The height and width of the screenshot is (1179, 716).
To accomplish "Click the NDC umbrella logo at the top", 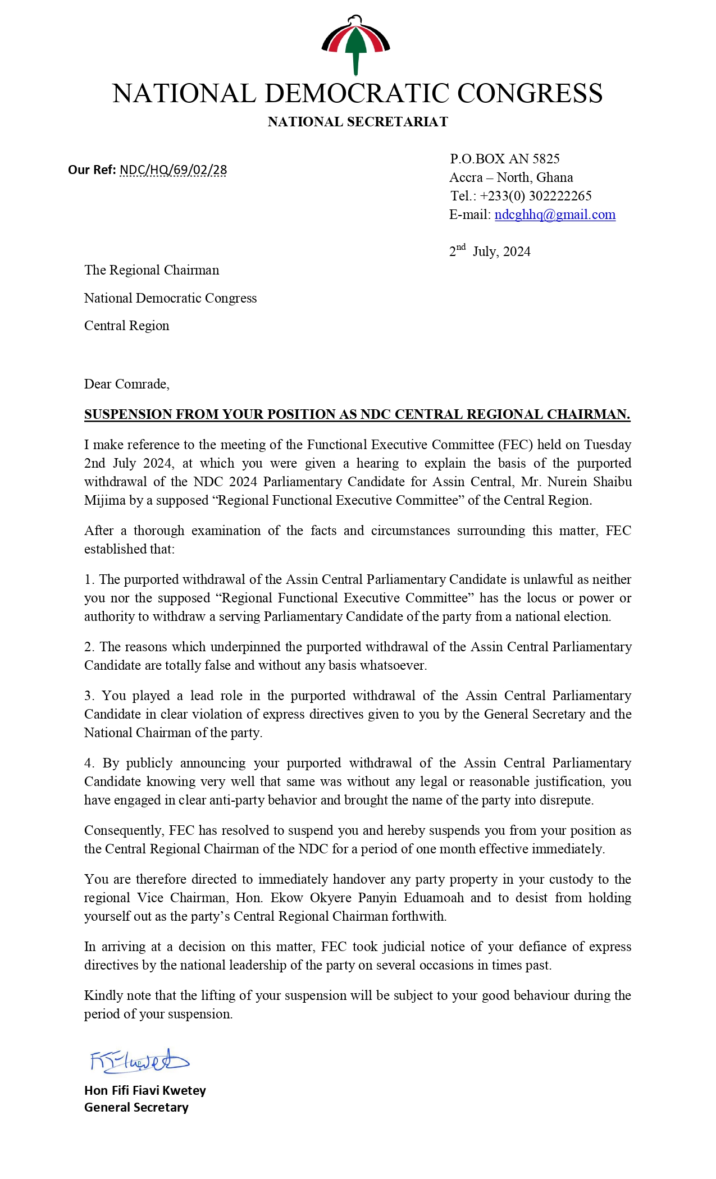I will (x=356, y=44).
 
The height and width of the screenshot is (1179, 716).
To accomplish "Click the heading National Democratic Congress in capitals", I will (x=357, y=94).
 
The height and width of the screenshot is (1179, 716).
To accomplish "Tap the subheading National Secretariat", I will (x=358, y=122).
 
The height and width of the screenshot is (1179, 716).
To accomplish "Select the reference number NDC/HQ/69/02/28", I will (x=173, y=170).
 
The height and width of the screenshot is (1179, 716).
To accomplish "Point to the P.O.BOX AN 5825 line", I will (x=504, y=159).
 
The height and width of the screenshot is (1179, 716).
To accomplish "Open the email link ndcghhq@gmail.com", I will (x=555, y=214).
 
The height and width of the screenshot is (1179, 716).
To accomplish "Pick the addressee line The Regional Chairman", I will (x=152, y=270).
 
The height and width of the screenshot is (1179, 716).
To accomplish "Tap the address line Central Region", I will (x=126, y=326).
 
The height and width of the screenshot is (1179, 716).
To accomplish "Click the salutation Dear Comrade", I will (x=126, y=384).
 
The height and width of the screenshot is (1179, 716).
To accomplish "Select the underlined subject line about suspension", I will (x=357, y=414).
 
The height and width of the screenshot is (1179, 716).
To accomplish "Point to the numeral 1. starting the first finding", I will (x=89, y=579).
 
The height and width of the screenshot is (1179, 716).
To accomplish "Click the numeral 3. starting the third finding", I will (x=89, y=696).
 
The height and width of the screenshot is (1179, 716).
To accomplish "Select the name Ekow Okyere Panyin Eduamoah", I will (x=367, y=898).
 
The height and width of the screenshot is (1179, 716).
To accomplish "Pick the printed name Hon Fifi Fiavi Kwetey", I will (x=145, y=1090).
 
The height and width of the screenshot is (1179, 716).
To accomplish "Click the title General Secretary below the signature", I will (x=136, y=1107).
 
